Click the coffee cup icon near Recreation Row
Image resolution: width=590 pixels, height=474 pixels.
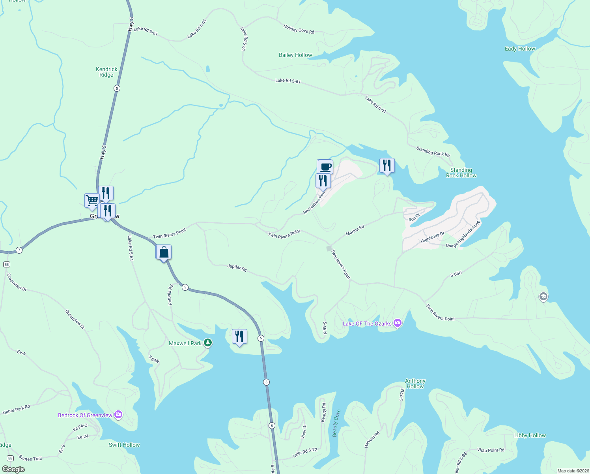tap(325, 166)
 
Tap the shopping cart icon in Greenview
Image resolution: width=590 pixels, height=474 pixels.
tap(92, 200)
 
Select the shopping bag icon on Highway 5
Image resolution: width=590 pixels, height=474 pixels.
tap(164, 252)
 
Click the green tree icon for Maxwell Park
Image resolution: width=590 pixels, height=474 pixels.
tap(208, 343)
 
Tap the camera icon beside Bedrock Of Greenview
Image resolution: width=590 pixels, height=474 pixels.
tap(118, 415)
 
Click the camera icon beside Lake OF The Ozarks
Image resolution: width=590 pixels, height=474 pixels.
tap(398, 323)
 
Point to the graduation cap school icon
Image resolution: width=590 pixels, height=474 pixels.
tap(543, 297)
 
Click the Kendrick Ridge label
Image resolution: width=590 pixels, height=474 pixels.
tap(106, 72)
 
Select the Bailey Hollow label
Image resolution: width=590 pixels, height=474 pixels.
tap(295, 55)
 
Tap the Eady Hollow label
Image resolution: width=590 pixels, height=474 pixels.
tap(520, 49)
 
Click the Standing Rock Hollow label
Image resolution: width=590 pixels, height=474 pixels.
tap(461, 173)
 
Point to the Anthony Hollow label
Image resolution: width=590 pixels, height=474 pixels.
tap(415, 384)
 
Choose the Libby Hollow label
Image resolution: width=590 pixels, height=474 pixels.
tap(530, 435)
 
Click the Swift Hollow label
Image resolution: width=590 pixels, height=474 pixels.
tap(124, 445)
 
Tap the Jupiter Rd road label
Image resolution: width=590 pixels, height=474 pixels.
tap(237, 267)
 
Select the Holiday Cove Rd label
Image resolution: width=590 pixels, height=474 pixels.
tap(299, 29)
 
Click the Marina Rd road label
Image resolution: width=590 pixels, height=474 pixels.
tap(355, 230)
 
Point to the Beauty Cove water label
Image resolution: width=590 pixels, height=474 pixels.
tap(336, 423)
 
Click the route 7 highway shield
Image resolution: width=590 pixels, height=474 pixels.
tap(19, 250)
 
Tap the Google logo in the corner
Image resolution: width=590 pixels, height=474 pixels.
tap(13, 469)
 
